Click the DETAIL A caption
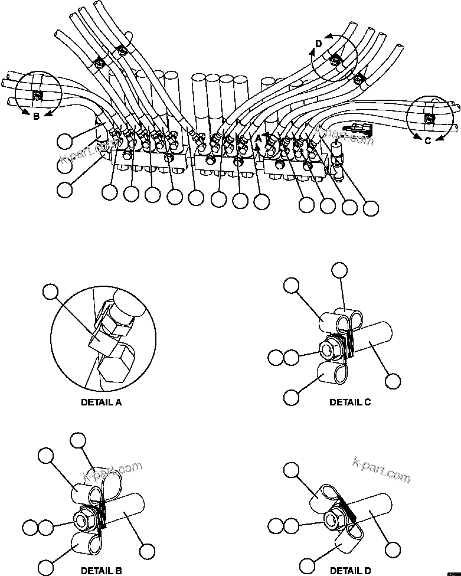pyautogui.click(x=101, y=403)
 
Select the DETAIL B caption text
pyautogui.click(x=101, y=571)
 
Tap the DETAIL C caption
pyautogui.click(x=350, y=402)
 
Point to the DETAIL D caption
pyautogui.click(x=350, y=571)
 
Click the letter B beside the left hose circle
pyautogui.click(x=36, y=116)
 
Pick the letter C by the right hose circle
pyautogui.click(x=428, y=140)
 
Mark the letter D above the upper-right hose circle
pyautogui.click(x=319, y=44)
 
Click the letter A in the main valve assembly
pyautogui.click(x=257, y=138)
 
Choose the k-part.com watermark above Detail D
pyautogui.click(x=381, y=469)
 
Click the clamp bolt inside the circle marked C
pyautogui.click(x=430, y=120)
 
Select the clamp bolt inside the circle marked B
pyautogui.click(x=37, y=96)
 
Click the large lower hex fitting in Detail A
pyautogui.click(x=114, y=367)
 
